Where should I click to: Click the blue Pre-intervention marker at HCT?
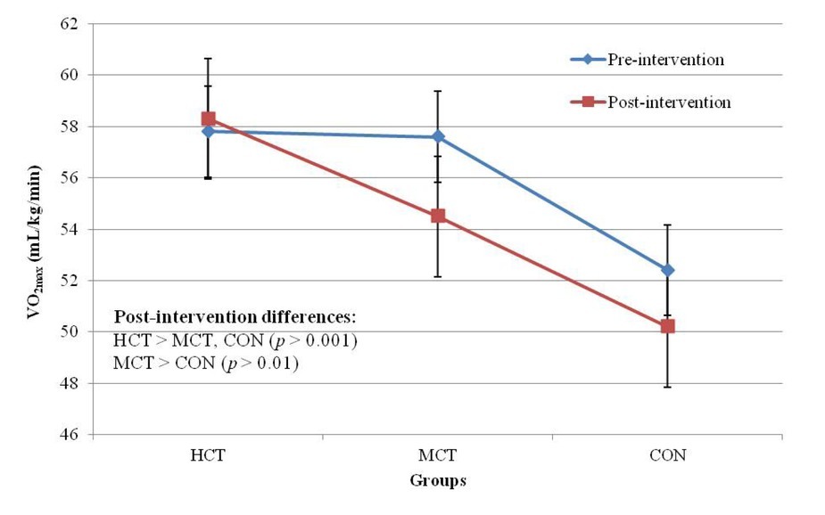pyautogui.click(x=209, y=131)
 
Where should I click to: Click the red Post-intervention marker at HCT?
pyautogui.click(x=209, y=119)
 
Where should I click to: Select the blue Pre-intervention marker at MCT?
pyautogui.click(x=438, y=136)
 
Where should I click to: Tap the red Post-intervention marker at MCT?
pyautogui.click(x=438, y=216)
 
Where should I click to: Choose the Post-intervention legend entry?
pyautogui.click(x=668, y=102)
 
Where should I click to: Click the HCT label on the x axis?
pyautogui.click(x=209, y=455)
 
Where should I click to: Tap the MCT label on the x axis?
pyautogui.click(x=438, y=455)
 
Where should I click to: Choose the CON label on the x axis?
pyautogui.click(x=668, y=455)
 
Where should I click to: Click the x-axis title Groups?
pyautogui.click(x=438, y=480)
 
